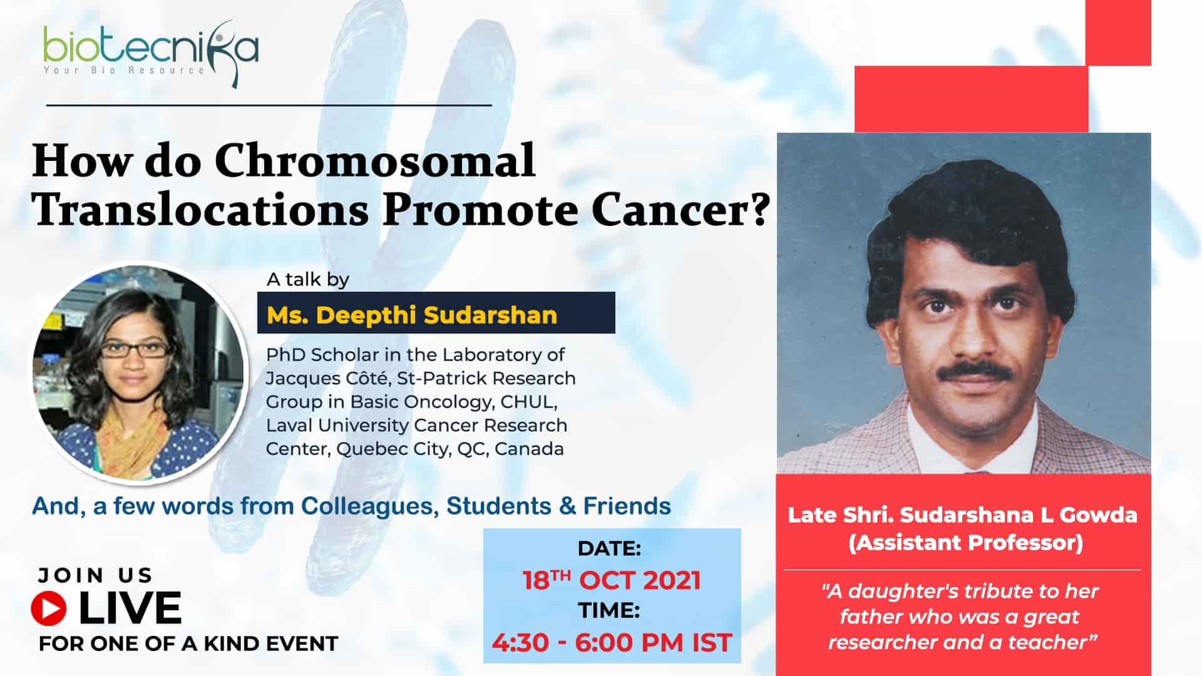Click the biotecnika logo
[x=150, y=54]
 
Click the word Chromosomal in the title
[x=375, y=161]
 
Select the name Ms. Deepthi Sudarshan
[x=412, y=315]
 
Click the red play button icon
[x=49, y=608]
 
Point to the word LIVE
[x=130, y=608]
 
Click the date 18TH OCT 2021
[x=612, y=580]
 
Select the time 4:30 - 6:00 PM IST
[x=612, y=643]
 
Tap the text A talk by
[x=308, y=279]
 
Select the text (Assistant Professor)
[x=965, y=542]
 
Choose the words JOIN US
[x=95, y=575]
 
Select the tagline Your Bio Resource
[x=124, y=70]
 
